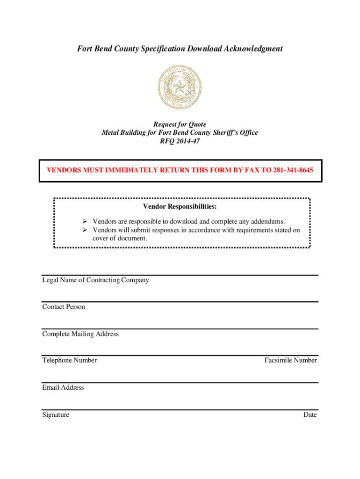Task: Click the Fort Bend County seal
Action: pyautogui.click(x=180, y=87)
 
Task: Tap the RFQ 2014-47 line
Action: pyautogui.click(x=180, y=141)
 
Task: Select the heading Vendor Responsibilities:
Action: pyautogui.click(x=180, y=207)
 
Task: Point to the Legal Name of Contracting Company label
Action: pyautogui.click(x=95, y=280)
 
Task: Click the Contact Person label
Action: pyautogui.click(x=64, y=307)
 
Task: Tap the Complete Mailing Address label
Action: pyautogui.click(x=80, y=334)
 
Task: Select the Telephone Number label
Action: pyautogui.click(x=70, y=361)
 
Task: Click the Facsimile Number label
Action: pyautogui.click(x=290, y=361)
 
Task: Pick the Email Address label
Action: pyautogui.click(x=63, y=387)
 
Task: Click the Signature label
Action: pyautogui.click(x=56, y=415)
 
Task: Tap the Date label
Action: pyautogui.click(x=310, y=415)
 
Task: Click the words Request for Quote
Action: pyautogui.click(x=180, y=124)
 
